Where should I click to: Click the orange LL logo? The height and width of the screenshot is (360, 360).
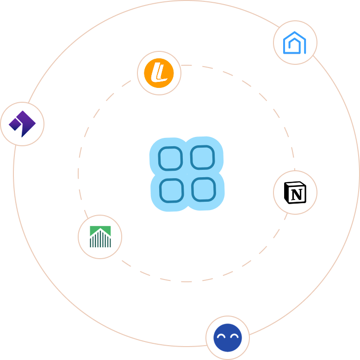pos(159,73)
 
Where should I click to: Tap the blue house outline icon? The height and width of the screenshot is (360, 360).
pos(295,43)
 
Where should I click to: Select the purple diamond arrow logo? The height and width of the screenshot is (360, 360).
pos(22,124)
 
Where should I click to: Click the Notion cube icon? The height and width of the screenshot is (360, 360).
pos(295,192)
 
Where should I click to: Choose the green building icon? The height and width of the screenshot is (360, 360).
pos(100,236)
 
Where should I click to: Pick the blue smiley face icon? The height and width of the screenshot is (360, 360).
pos(228,338)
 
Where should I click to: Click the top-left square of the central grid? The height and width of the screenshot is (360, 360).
pos(170,159)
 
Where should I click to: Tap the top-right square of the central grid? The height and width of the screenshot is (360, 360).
pos(203,157)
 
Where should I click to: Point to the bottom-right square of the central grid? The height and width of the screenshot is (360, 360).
pos(204,189)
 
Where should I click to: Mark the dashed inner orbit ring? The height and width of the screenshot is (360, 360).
pos(79,174)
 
